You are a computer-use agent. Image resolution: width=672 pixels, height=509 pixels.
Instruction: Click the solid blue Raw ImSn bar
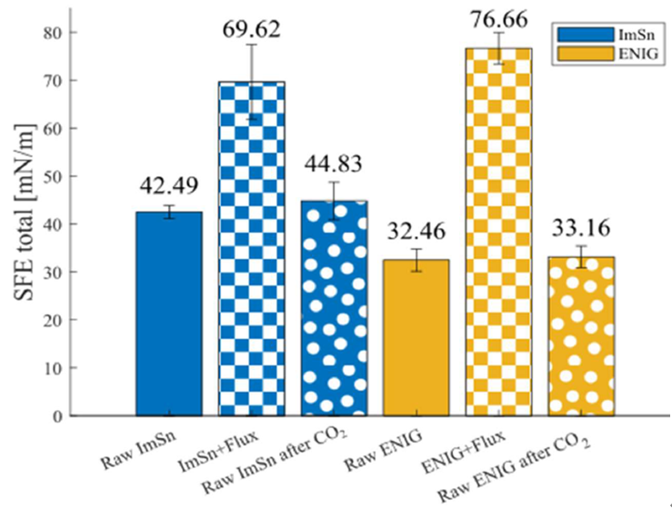point(169,314)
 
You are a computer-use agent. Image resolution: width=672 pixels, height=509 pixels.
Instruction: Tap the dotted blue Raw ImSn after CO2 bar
point(335,308)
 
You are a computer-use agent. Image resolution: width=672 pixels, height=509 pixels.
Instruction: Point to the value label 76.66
point(499,15)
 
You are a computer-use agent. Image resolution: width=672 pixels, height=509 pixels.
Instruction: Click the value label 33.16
point(582,227)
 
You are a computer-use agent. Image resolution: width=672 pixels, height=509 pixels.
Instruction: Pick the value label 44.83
point(335,164)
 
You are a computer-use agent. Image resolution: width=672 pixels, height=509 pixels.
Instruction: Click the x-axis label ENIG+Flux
point(477,448)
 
